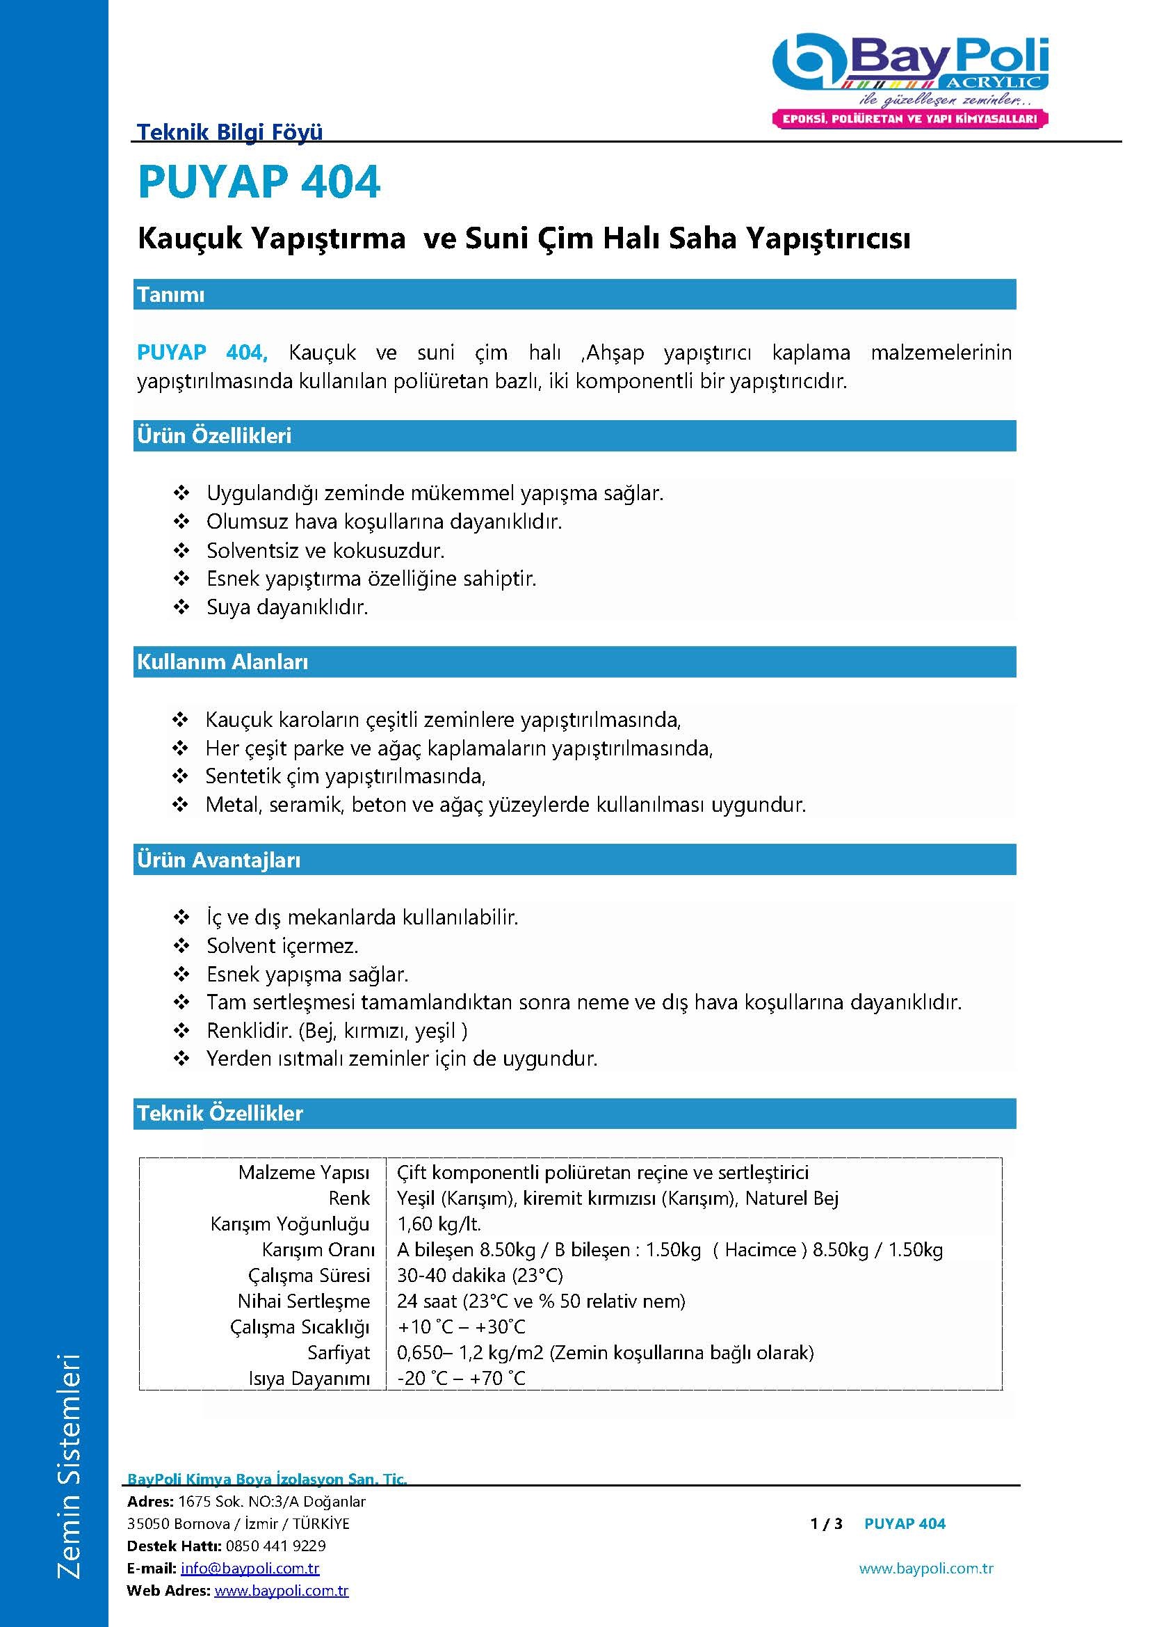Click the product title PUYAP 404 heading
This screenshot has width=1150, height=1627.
pos(259,182)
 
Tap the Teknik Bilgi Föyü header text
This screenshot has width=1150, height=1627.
pos(229,131)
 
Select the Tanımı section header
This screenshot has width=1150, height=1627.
pos(170,294)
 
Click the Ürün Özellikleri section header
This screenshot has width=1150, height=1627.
pos(214,436)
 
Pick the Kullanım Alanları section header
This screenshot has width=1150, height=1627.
pos(222,662)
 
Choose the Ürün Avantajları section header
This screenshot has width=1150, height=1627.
pos(219,860)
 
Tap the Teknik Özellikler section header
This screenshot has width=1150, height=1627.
pos(220,1113)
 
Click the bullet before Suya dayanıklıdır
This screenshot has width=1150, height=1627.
pos(181,607)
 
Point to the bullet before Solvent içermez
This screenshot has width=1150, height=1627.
pos(181,946)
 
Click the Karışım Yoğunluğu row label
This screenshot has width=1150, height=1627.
pos(290,1224)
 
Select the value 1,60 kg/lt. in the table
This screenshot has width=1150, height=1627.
pos(439,1224)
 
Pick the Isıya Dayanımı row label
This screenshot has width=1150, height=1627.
pos(309,1378)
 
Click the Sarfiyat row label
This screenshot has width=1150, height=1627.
pos(339,1353)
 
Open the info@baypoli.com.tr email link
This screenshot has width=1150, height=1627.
pos(250,1568)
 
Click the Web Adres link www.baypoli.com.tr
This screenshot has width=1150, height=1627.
pos(281,1591)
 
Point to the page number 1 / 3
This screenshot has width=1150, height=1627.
pos(826,1523)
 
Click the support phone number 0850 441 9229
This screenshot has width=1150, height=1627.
pos(275,1546)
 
